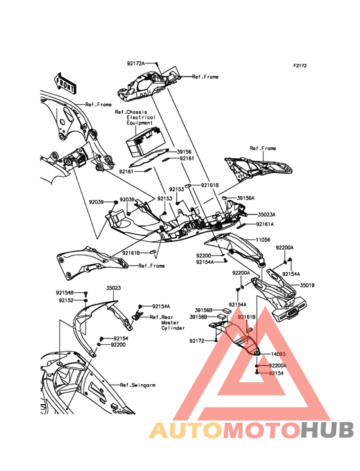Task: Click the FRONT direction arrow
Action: (x=65, y=82)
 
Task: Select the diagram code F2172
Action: (x=300, y=66)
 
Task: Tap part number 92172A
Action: (x=136, y=64)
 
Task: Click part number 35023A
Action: (x=267, y=214)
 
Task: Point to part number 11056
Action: (x=263, y=240)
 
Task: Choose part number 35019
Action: (x=307, y=285)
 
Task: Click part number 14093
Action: (x=278, y=354)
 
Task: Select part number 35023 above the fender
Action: (x=113, y=288)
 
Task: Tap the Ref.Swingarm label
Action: (x=138, y=385)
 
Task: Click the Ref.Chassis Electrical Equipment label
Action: (x=135, y=118)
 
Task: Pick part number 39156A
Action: (x=246, y=198)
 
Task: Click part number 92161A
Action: (x=265, y=224)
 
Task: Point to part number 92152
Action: (x=66, y=300)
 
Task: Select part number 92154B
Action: (x=64, y=292)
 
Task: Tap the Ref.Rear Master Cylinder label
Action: (x=167, y=322)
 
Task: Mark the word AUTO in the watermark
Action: (x=186, y=430)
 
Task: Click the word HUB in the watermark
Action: (x=327, y=430)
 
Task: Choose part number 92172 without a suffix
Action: (x=197, y=341)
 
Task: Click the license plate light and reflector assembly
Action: (x=289, y=309)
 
